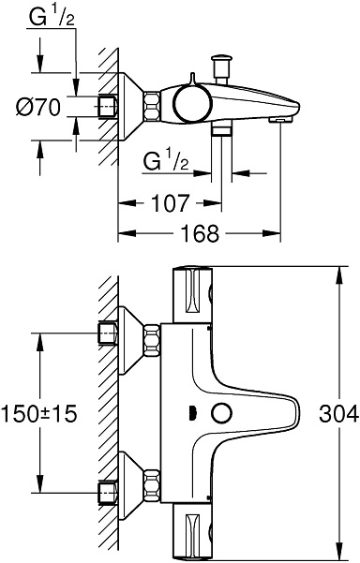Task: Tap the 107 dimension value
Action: click(170, 202)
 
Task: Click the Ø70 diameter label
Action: click(38, 107)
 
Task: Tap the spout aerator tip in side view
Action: click(282, 119)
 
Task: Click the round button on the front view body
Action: click(222, 413)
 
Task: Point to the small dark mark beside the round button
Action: click(192, 413)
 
